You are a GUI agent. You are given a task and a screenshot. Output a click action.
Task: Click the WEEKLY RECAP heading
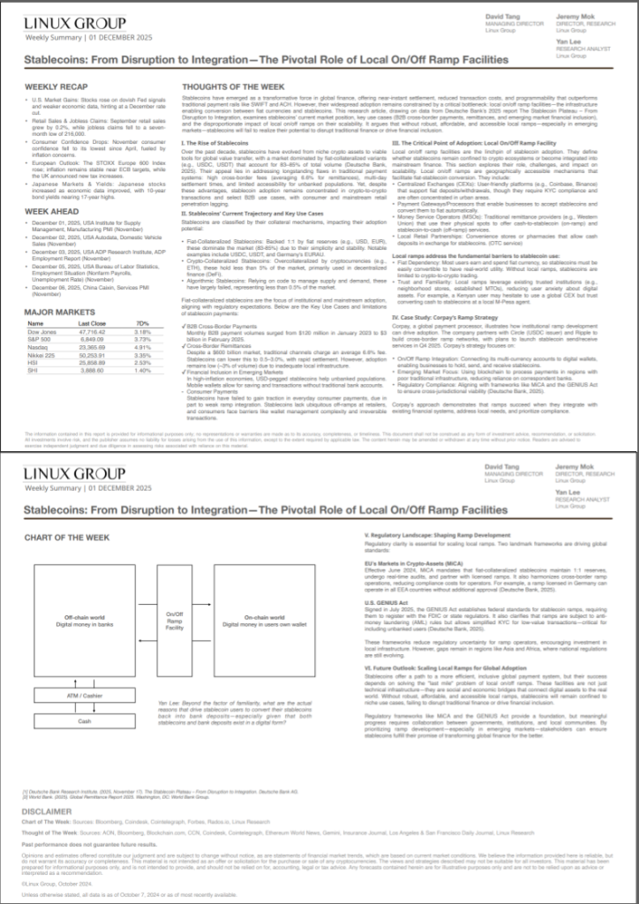click(x=54, y=87)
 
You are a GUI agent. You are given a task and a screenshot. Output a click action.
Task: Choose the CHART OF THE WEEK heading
click(x=66, y=537)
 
